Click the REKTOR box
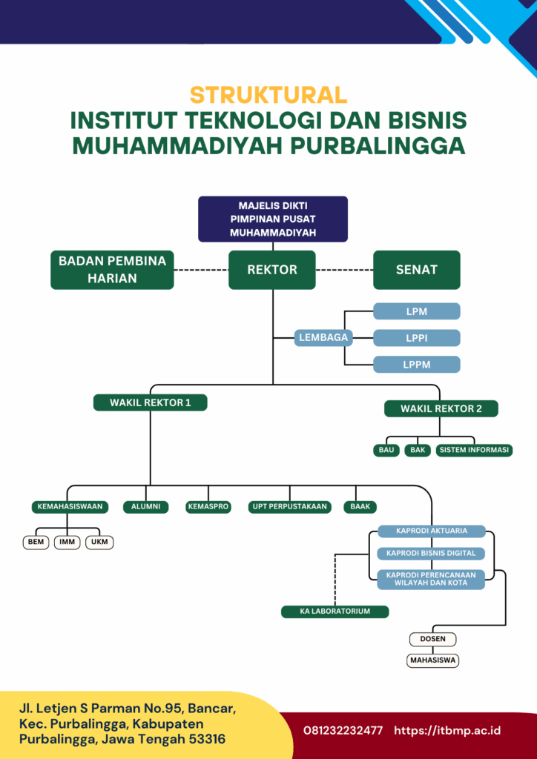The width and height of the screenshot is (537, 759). click(272, 270)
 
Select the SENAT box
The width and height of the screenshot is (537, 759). click(416, 270)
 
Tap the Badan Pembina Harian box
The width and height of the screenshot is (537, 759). click(112, 270)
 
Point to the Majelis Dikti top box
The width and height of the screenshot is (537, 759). click(273, 219)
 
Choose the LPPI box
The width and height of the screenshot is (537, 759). click(416, 338)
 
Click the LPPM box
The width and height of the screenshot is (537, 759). click(416, 365)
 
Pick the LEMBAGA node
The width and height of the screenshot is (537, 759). click(323, 337)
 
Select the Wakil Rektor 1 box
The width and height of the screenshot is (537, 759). click(150, 402)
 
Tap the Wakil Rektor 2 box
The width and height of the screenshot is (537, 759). click(441, 408)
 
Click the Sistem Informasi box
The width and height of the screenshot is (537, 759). click(474, 450)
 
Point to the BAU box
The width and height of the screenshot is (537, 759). click(386, 450)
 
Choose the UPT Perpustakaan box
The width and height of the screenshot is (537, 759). click(289, 507)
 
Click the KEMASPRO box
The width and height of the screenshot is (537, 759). click(208, 507)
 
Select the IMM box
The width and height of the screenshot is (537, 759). click(67, 542)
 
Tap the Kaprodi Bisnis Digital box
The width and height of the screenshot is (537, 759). click(431, 553)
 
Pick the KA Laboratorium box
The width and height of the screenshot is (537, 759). click(335, 611)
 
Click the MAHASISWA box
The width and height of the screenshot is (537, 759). click(432, 660)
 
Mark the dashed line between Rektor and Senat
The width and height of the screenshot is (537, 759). click(344, 270)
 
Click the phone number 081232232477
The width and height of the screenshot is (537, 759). click(343, 730)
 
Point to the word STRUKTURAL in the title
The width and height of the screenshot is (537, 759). click(268, 95)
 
